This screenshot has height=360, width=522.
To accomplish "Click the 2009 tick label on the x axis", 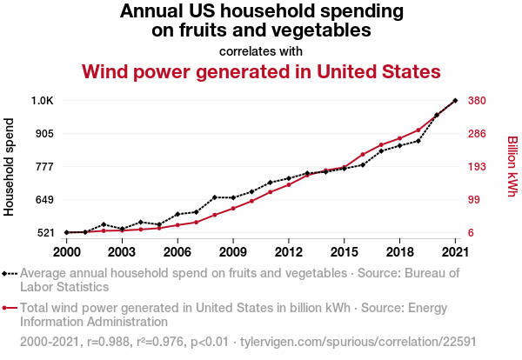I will (233, 251).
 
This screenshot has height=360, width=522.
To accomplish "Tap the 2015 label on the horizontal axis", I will (345, 251).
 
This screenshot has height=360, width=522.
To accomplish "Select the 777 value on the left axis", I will (43, 167).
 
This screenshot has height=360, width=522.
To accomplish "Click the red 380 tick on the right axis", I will (478, 101).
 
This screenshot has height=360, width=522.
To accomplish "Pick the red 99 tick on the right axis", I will (474, 200).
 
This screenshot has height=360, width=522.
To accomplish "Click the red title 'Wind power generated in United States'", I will (260, 71).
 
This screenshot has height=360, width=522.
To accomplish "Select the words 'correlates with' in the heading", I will (260, 51).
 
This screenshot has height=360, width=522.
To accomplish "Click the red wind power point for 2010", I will (251, 201).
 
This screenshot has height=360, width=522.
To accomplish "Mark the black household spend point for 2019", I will (418, 141).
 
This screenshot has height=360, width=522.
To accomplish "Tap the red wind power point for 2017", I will (381, 144).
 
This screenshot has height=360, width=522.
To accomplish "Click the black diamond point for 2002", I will (104, 224).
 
